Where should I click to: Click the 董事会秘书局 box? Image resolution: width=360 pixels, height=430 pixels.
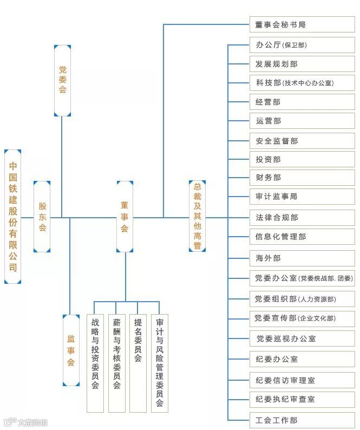tap(302, 25)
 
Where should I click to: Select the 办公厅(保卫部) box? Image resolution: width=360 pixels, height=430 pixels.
tap(302, 45)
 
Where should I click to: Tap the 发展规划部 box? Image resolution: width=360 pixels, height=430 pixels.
tap(302, 64)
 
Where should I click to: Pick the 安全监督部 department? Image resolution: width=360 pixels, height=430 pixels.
tap(302, 141)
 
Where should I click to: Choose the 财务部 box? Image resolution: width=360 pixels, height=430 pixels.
tap(302, 178)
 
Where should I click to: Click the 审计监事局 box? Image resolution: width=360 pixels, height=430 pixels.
tap(302, 197)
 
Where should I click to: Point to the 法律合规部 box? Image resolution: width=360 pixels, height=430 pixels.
tap(302, 218)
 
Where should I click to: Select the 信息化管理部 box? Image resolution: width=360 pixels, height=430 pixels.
tap(302, 237)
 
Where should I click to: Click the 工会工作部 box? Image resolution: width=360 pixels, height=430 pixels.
tap(302, 420)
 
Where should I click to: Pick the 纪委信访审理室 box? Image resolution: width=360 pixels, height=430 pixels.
tap(302, 380)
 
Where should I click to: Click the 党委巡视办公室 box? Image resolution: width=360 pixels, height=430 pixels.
tap(302, 338)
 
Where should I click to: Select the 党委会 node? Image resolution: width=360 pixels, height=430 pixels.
tap(62, 80)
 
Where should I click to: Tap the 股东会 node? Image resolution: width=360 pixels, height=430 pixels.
tap(42, 217)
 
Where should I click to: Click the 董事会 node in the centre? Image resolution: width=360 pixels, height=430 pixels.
tap(125, 217)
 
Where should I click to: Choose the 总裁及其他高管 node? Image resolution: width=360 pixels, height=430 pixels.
tap(198, 217)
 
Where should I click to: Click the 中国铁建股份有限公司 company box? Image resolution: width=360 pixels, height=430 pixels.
tap(13, 217)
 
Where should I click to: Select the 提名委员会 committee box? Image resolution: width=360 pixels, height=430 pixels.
tap(138, 363)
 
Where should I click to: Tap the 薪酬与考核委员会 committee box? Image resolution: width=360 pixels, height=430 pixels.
tap(116, 363)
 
